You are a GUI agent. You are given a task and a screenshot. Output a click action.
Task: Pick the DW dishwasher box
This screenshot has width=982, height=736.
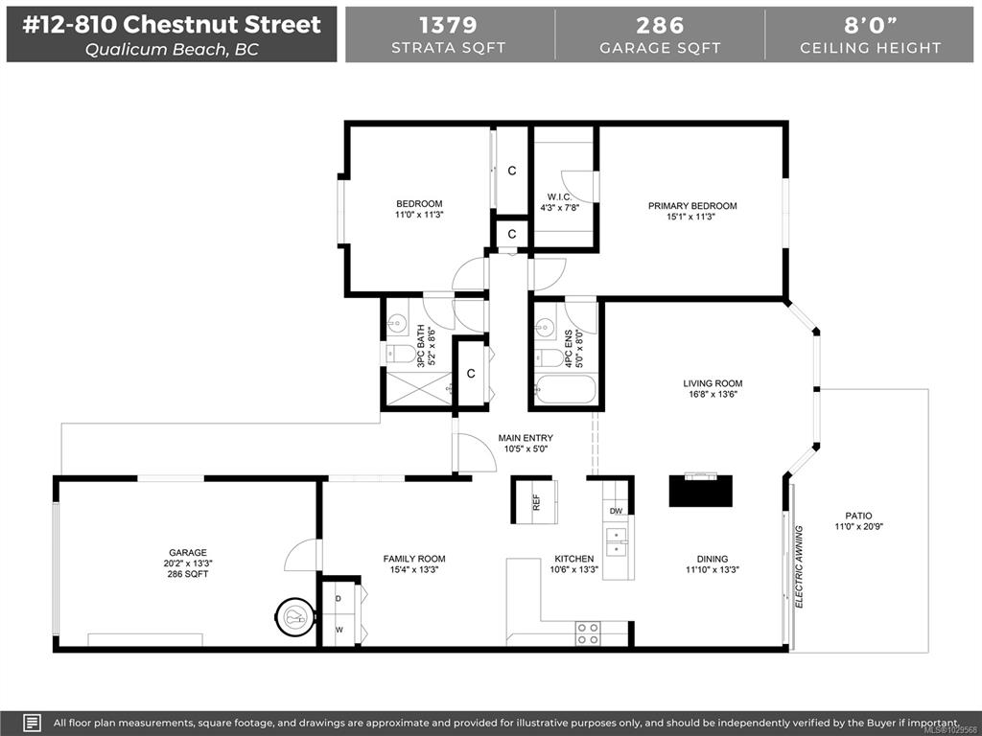click(616, 511)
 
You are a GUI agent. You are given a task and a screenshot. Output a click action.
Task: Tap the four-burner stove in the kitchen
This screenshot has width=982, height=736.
click(588, 632)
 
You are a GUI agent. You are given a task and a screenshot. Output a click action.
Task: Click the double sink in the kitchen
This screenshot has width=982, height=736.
click(616, 542)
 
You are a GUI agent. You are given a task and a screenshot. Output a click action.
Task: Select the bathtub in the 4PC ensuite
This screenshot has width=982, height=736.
click(566, 389)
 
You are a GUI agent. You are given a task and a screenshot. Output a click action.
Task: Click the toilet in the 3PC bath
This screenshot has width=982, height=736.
click(401, 355)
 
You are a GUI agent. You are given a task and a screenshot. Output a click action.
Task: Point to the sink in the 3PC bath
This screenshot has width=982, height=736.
click(397, 324)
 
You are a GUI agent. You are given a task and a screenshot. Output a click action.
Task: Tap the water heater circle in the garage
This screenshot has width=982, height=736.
click(294, 618)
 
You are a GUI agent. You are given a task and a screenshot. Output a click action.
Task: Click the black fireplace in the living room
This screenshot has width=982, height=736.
click(701, 491)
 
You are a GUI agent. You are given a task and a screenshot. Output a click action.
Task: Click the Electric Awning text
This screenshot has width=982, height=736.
click(799, 567)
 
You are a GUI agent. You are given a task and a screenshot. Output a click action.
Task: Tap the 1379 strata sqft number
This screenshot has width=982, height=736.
click(448, 25)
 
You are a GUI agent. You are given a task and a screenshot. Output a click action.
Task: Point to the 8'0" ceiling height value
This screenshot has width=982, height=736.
click(871, 25)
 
